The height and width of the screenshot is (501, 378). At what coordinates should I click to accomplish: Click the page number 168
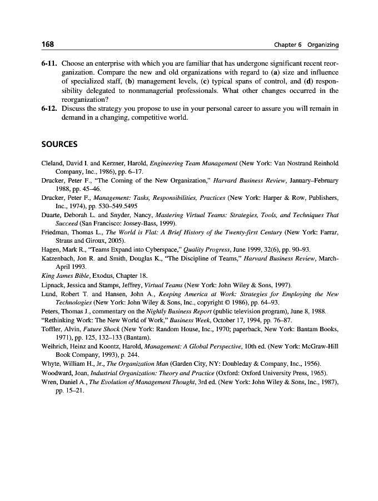(x=48, y=45)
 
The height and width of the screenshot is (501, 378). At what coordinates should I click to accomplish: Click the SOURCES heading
(x=59, y=145)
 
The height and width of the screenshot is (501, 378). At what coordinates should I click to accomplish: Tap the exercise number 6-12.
(x=50, y=109)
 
